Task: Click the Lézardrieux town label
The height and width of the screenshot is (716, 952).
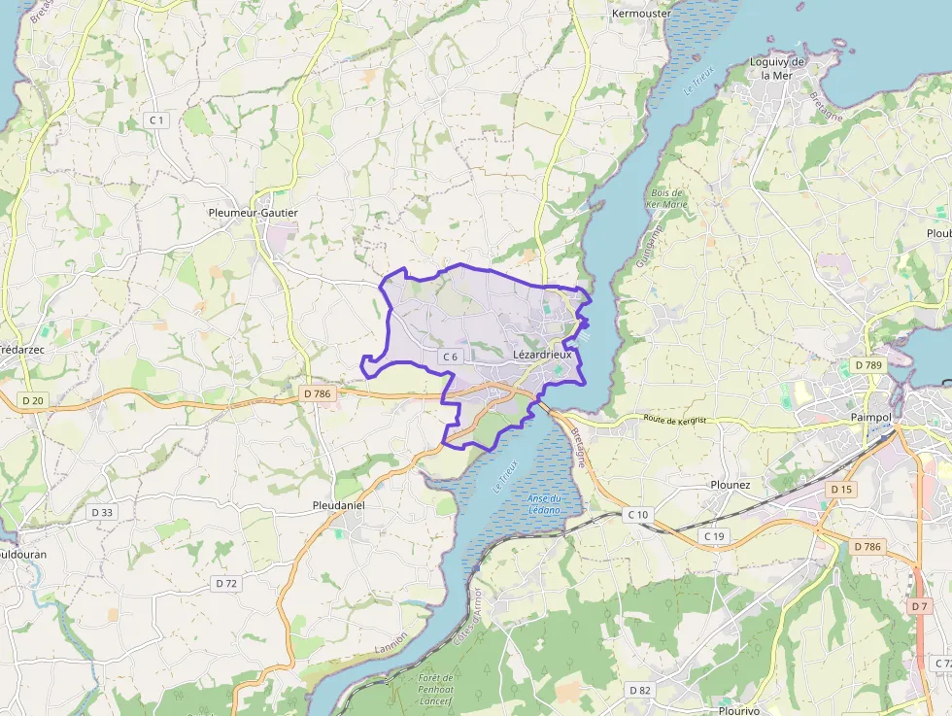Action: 542,356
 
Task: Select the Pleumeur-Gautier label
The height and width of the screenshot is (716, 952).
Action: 254,212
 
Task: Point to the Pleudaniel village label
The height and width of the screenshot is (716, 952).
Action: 339,506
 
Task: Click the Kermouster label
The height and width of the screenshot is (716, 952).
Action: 641,14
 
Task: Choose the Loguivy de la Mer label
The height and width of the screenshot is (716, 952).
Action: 778,68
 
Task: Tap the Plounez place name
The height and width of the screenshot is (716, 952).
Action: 731,485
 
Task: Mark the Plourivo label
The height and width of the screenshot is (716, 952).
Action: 736,710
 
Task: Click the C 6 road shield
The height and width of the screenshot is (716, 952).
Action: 450,357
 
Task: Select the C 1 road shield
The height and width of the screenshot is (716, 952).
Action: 155,119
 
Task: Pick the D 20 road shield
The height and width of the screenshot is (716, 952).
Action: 33,400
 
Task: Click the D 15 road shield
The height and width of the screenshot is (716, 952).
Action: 841,490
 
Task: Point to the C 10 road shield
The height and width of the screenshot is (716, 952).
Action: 638,514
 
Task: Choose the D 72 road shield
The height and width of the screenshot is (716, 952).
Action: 225,583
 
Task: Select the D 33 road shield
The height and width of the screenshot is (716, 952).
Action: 101,512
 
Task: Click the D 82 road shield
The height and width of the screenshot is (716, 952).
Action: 639,690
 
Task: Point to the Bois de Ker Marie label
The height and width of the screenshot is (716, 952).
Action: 666,199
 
